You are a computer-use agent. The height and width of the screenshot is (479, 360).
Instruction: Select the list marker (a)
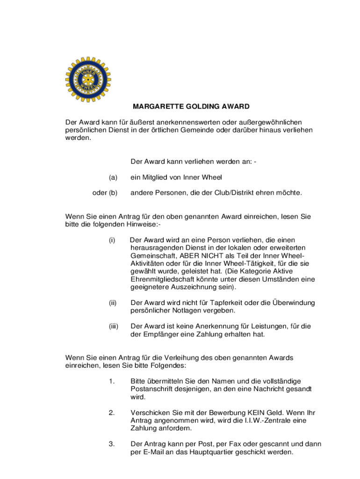point(113,177)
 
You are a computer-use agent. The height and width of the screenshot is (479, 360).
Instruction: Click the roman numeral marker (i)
point(112,240)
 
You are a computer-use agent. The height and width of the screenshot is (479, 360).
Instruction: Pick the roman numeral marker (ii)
point(112,303)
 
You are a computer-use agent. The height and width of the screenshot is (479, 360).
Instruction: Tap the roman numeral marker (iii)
point(113,326)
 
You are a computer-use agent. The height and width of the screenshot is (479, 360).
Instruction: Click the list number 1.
point(111,381)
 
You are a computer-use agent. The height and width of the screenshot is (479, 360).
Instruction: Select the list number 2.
point(112,413)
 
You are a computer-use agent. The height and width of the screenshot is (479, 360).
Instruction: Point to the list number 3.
point(112,444)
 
